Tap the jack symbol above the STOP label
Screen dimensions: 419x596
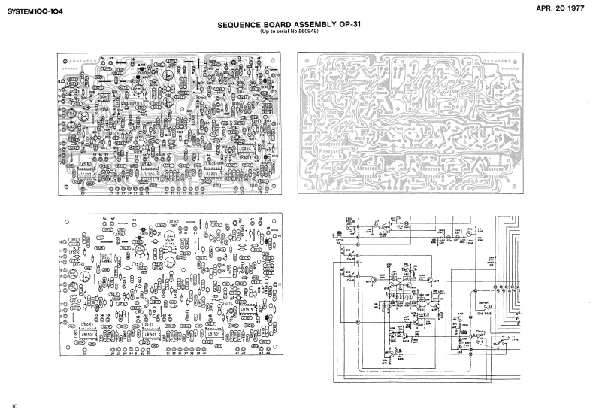339,235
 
